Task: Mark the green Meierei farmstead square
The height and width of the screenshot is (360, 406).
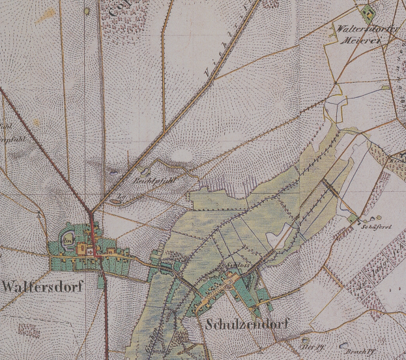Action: [369, 11]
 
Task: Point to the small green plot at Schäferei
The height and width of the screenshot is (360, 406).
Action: [353, 220]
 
